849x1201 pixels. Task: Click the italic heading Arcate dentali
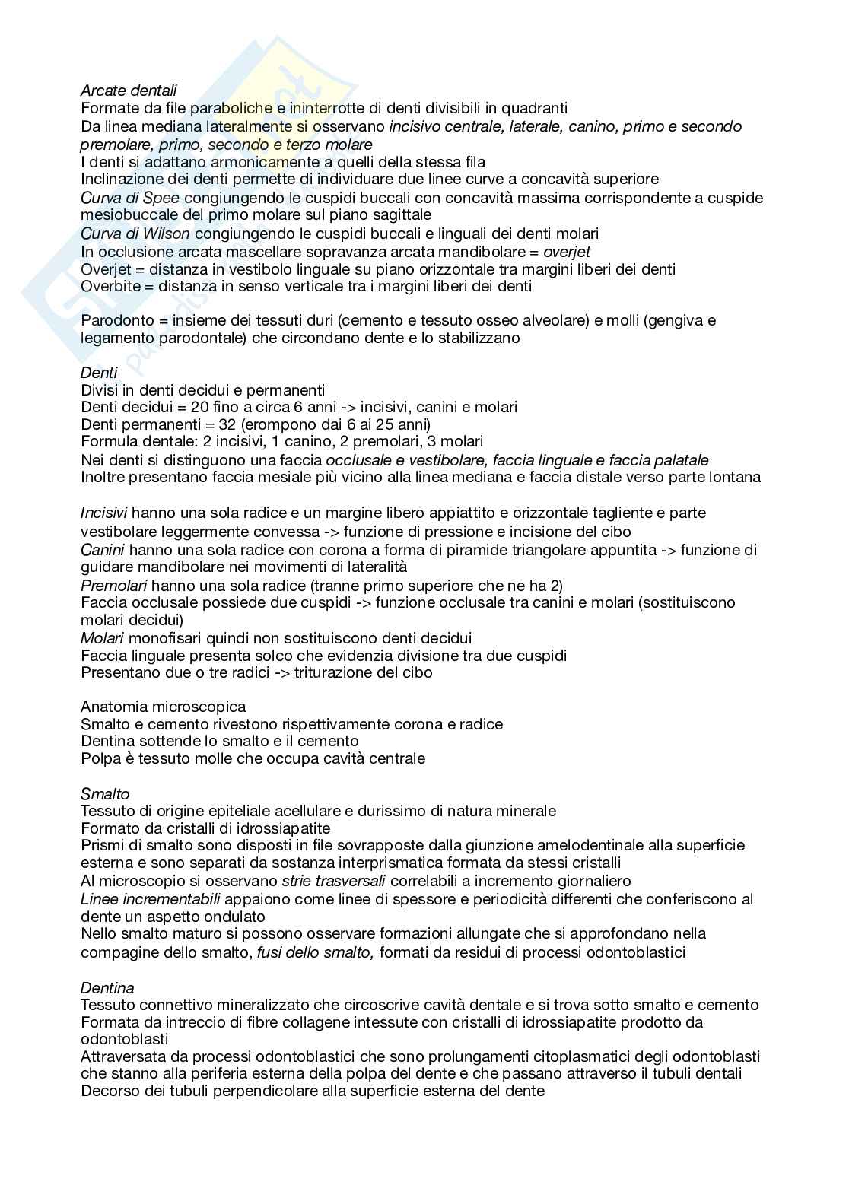click(x=129, y=91)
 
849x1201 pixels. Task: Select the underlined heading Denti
click(x=99, y=372)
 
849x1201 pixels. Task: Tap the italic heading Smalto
click(x=105, y=793)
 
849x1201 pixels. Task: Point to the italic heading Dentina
click(x=107, y=987)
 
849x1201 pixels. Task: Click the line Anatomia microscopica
click(x=163, y=707)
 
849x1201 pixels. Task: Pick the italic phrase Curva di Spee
click(x=130, y=198)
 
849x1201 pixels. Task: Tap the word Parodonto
click(x=114, y=320)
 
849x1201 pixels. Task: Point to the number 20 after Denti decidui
click(x=200, y=407)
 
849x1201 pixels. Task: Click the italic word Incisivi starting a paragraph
click(x=103, y=513)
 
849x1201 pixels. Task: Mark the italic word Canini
click(x=103, y=549)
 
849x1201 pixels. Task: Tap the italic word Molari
click(x=102, y=637)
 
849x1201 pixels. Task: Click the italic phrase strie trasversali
click(x=334, y=881)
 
